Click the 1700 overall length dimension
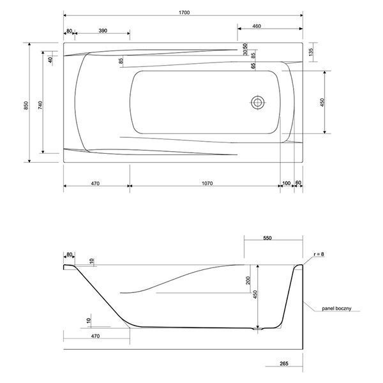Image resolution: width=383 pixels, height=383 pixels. pyautogui.click(x=184, y=13)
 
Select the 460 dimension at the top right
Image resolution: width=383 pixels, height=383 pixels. pyautogui.click(x=256, y=26)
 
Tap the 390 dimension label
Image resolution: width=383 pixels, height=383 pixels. pyautogui.click(x=103, y=31)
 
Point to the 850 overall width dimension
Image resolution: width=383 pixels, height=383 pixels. pyautogui.click(x=26, y=105)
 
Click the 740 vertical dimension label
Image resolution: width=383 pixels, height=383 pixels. pyautogui.click(x=40, y=105)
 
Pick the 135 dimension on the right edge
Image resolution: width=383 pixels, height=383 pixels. pyautogui.click(x=311, y=52)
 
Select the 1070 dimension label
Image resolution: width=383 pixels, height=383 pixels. pyautogui.click(x=207, y=183)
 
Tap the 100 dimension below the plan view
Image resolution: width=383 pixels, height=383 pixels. pyautogui.click(x=286, y=183)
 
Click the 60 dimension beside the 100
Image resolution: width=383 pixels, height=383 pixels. pyautogui.click(x=298, y=183)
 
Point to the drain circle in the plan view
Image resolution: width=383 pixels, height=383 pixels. pyautogui.click(x=258, y=102)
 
